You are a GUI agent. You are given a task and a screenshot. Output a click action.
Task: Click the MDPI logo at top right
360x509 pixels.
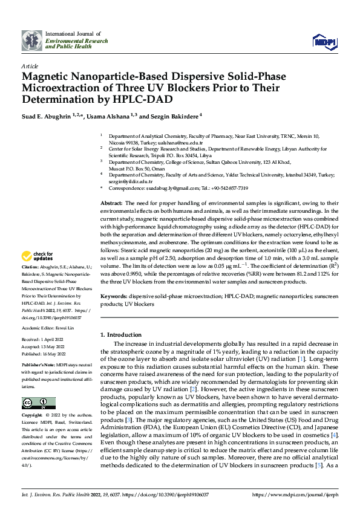(323, 41)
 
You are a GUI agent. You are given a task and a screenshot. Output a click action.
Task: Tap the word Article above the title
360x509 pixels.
(30, 65)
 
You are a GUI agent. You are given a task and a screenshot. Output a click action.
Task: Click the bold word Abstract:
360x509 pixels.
(112, 204)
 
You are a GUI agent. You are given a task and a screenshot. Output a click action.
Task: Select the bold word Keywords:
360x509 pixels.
(114, 297)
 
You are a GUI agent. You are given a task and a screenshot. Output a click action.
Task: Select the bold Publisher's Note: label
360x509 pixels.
(39, 366)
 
